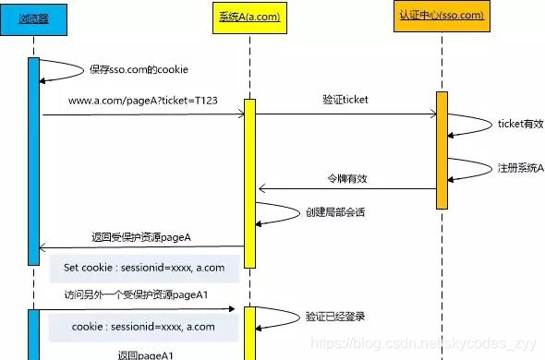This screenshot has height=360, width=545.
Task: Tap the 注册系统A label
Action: click(x=521, y=168)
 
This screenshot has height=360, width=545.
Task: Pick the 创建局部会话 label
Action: click(x=334, y=211)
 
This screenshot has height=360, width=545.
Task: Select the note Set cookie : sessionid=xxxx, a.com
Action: click(x=144, y=268)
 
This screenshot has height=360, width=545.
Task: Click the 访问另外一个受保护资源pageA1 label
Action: click(x=135, y=295)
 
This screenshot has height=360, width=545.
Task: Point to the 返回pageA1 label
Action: click(x=145, y=354)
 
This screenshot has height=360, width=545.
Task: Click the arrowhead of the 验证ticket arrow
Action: click(x=432, y=114)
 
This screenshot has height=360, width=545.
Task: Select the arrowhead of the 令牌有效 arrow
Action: click(x=260, y=189)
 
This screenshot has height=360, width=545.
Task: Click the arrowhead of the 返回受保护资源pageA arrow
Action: click(x=44, y=247)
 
